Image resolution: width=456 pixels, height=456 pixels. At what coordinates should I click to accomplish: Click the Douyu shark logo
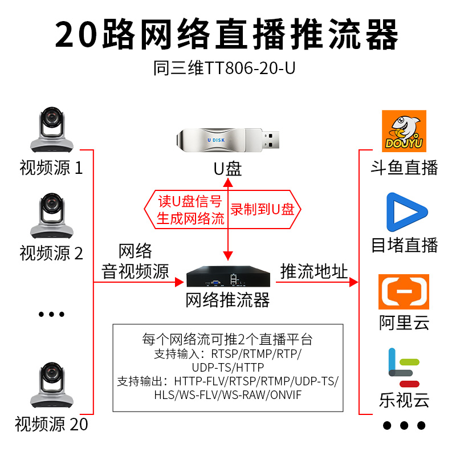[404, 132]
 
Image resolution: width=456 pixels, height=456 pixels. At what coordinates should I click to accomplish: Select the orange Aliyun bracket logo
[404, 291]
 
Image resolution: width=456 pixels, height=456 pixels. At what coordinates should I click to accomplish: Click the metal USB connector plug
[271, 139]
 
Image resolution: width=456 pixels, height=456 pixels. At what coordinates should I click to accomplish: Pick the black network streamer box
[227, 278]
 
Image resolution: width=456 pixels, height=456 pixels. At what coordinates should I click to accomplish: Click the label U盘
[227, 169]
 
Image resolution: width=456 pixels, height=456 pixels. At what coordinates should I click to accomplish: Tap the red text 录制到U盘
[262, 209]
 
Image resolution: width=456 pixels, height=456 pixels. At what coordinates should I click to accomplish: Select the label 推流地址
[314, 271]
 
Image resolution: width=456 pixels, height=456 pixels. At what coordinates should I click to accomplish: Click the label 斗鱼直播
[404, 167]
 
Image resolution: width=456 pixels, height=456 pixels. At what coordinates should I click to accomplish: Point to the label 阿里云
[404, 323]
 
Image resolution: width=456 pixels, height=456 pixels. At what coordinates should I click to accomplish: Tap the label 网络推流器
[227, 300]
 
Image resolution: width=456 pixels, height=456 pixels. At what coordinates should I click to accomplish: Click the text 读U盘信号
[190, 201]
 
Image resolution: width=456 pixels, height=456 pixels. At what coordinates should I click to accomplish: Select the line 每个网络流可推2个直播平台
[227, 340]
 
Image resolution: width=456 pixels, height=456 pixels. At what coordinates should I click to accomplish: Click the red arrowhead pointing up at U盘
[228, 182]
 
